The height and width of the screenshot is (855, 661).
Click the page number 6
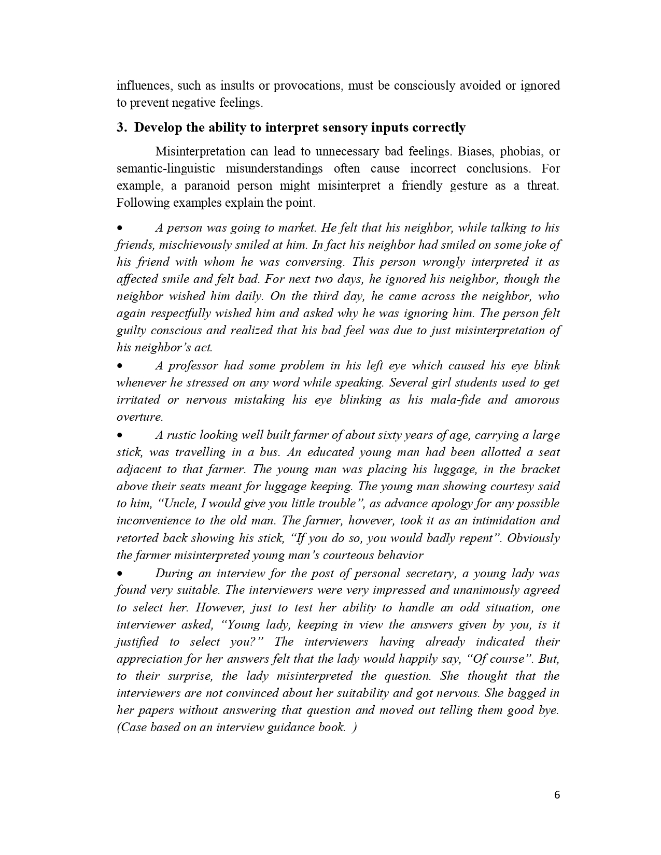tap(557, 795)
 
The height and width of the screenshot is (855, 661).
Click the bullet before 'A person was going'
tap(120, 228)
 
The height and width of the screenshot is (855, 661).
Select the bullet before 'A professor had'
tap(120, 366)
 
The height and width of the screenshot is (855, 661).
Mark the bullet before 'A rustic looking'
tap(120, 435)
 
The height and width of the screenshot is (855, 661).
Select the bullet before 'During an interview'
tap(120, 574)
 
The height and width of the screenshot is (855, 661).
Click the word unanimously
tap(486, 590)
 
